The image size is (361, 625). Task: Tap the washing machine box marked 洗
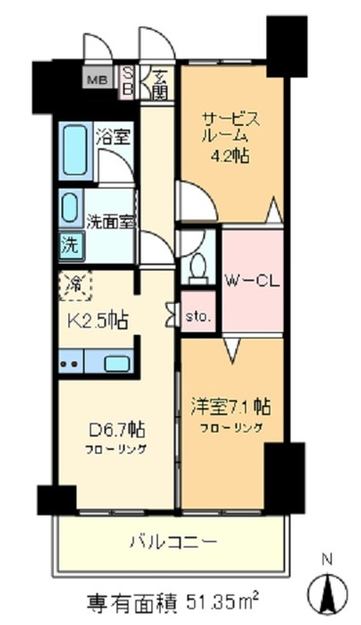[69, 245]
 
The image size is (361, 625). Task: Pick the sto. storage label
[198, 316]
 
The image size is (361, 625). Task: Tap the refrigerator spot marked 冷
[74, 284]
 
